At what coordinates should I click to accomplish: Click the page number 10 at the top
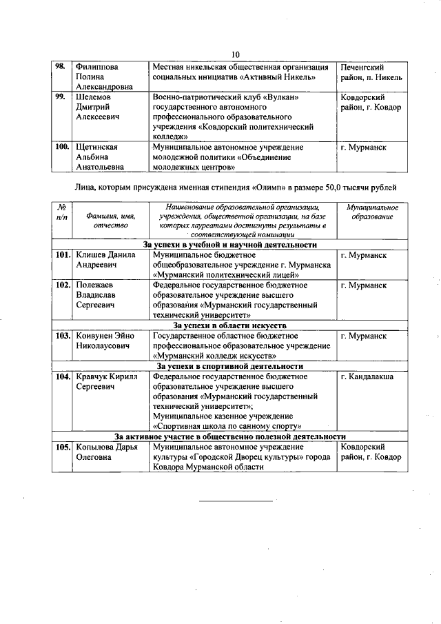click(235, 55)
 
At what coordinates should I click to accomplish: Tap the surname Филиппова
click(96, 67)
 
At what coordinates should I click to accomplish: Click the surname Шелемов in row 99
click(94, 97)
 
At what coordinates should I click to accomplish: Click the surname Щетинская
click(97, 147)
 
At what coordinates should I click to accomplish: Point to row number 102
click(63, 285)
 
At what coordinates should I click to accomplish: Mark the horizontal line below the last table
click(236, 500)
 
